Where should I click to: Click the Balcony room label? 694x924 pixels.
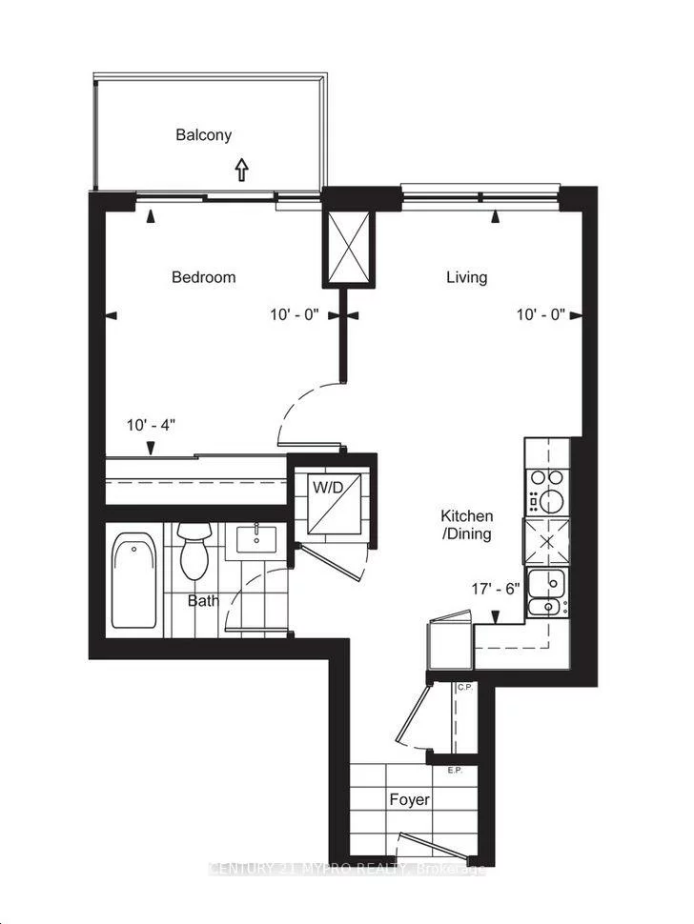tap(203, 135)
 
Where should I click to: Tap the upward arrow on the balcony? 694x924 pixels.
tap(241, 170)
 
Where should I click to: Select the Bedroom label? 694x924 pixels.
tap(203, 277)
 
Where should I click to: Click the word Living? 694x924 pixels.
tap(466, 277)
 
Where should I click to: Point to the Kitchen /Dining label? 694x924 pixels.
tap(466, 525)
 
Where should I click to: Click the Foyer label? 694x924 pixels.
tap(408, 799)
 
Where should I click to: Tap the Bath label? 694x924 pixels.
tap(202, 601)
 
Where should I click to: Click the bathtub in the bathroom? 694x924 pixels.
tap(133, 581)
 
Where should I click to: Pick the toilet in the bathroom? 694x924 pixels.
tap(194, 553)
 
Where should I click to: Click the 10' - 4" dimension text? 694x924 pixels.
tap(153, 426)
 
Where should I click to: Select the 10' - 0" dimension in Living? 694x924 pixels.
tap(541, 314)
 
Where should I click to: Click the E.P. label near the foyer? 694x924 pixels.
tap(455, 769)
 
